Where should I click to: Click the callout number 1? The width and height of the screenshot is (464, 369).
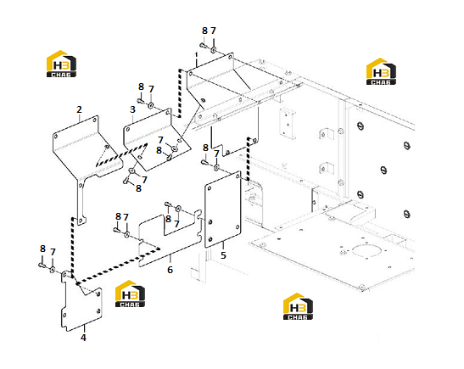click(196, 55)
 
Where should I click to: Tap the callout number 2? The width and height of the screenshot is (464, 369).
click(79, 109)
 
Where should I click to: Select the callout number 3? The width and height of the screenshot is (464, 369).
click(132, 109)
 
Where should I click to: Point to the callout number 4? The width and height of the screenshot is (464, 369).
click(83, 338)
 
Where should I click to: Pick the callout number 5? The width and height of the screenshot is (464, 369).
click(223, 255)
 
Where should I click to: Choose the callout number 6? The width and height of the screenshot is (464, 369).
click(170, 270)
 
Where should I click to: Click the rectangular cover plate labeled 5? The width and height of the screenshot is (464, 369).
click(223, 210)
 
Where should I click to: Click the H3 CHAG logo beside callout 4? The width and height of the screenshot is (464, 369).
click(130, 294)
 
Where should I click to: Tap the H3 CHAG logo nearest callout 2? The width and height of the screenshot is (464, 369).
click(61, 64)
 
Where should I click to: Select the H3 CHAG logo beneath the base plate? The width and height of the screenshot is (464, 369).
click(298, 306)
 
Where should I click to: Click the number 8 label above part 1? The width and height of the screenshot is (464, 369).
click(204, 31)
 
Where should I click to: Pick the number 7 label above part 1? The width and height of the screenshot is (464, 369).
click(214, 31)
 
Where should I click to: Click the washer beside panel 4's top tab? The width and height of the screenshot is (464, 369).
click(53, 270)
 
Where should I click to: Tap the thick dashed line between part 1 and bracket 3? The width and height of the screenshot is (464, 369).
click(180, 93)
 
